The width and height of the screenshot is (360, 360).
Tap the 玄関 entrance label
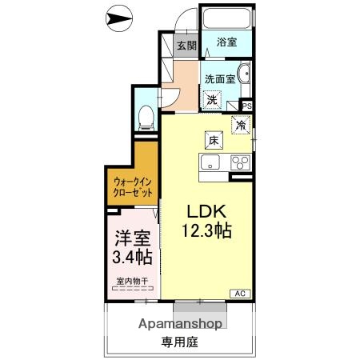point(186,46)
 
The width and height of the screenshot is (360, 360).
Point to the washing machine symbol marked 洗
point(212,100)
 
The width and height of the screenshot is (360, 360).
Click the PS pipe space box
point(246,105)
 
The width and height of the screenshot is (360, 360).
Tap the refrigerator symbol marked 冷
point(241,125)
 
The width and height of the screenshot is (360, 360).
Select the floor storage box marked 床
point(214,139)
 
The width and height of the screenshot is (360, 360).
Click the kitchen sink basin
point(210,163)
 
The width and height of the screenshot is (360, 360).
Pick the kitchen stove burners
point(240,162)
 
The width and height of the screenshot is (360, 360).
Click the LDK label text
point(209,212)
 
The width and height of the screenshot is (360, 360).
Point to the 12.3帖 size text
point(209,231)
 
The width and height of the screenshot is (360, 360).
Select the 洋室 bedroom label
point(130,238)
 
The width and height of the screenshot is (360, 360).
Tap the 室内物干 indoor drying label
point(132,280)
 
